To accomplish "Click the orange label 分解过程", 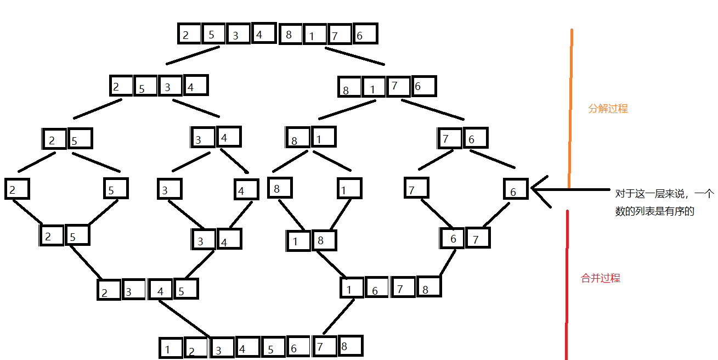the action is coord(608,109).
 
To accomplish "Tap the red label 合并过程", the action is coord(600,278).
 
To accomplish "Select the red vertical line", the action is coord(567,285).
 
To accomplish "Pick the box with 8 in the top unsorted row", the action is coord(291,34).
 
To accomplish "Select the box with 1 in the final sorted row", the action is coord(170,348).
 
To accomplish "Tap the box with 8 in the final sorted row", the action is coord(350,346).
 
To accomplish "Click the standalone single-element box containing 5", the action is coord(116,189).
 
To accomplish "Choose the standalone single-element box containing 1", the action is coord(349,189).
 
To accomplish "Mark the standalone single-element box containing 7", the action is coord(416,188).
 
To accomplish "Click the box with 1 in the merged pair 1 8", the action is coord(298,240).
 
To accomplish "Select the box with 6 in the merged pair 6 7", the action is coord(453,238).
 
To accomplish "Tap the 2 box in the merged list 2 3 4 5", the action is coord(109,290).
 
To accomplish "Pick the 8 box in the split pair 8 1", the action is coord(297,138).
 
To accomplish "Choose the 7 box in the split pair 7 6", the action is coord(449,138).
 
